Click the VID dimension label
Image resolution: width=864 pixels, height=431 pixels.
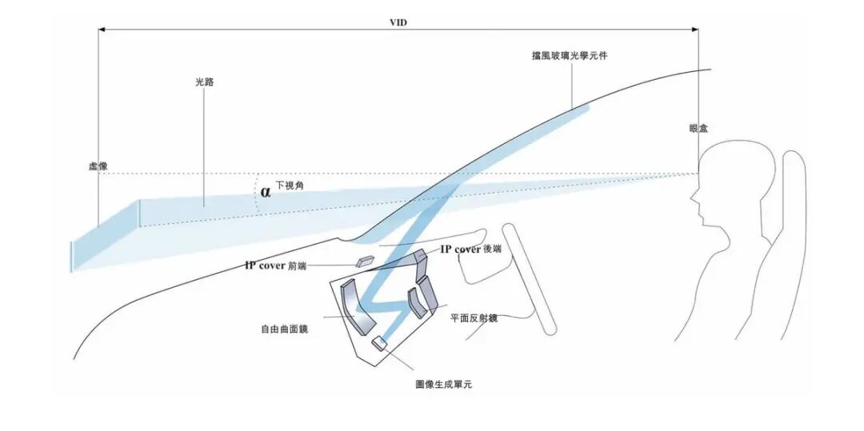398,22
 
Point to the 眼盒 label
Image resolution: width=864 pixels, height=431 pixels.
698,128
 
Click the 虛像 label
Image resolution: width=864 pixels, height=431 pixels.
98,166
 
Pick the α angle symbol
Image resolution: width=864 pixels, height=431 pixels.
266,192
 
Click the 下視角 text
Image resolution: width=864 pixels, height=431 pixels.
290,186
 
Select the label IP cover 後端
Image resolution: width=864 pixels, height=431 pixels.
471,249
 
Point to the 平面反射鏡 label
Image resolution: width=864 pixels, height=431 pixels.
474,318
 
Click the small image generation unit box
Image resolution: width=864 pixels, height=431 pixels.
378,344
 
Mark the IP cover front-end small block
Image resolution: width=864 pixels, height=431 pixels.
365,261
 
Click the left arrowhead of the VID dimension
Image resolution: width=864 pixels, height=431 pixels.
102,30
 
